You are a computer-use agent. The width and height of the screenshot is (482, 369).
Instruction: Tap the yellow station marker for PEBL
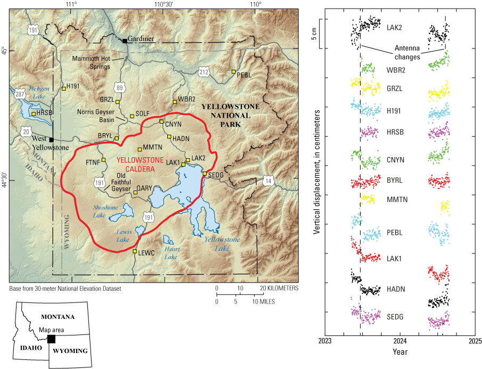[233, 71]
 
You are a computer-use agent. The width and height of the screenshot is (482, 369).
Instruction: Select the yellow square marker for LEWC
[135, 251]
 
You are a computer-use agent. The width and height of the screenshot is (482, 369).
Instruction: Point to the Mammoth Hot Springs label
[91, 62]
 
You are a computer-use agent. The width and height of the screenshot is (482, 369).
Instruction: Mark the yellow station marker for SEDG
[205, 173]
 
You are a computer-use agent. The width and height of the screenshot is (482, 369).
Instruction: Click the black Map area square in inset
[51, 339]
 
